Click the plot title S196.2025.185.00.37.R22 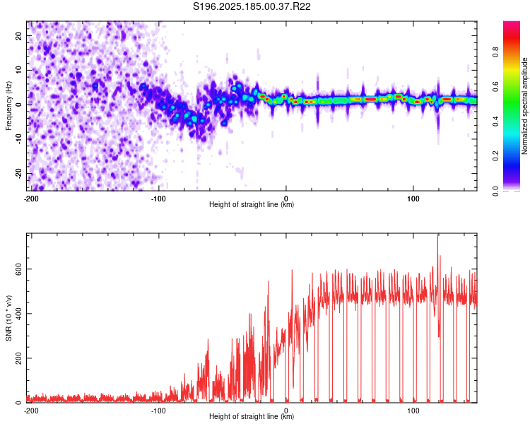pyautogui.click(x=252, y=6)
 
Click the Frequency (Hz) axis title pyautogui.click(x=8, y=106)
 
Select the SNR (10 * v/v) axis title pyautogui.click(x=8, y=318)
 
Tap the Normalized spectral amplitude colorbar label pyautogui.click(x=524, y=106)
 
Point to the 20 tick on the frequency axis pyautogui.click(x=18, y=35)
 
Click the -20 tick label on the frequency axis pyautogui.click(x=18, y=173)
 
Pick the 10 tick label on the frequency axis pyautogui.click(x=18, y=70)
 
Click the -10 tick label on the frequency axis pyautogui.click(x=18, y=139)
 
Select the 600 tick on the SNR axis pyautogui.click(x=18, y=269)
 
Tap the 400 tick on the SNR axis pyautogui.click(x=18, y=314)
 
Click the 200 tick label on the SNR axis pyautogui.click(x=18, y=358)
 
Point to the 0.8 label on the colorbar pyautogui.click(x=495, y=52)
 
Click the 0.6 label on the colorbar pyautogui.click(x=495, y=86)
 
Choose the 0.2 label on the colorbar pyautogui.click(x=495, y=156)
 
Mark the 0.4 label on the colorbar pyautogui.click(x=495, y=122)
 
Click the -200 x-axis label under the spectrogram pyautogui.click(x=31, y=199)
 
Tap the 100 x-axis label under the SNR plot pyautogui.click(x=413, y=411)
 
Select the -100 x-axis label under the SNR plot pyautogui.click(x=158, y=411)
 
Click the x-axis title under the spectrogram pyautogui.click(x=252, y=204)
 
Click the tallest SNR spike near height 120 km pyautogui.click(x=438, y=234)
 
